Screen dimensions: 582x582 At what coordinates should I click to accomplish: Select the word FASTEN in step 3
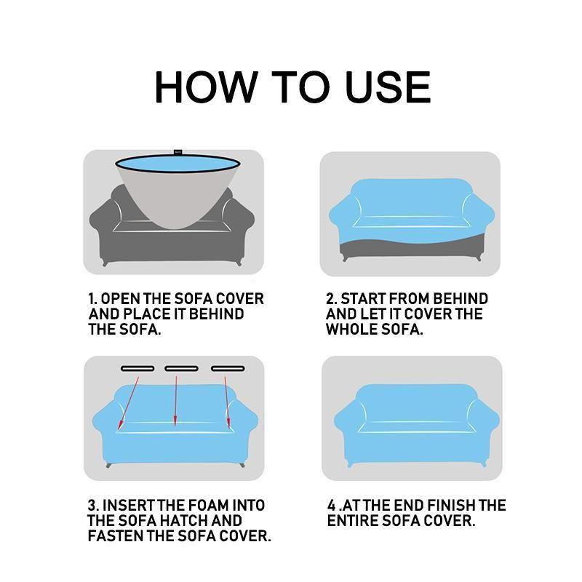pos(119,537)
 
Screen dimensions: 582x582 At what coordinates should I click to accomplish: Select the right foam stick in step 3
pos(225,368)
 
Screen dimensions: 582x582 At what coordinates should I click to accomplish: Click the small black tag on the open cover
pos(178,153)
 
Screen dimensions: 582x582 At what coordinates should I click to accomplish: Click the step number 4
pos(332,506)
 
